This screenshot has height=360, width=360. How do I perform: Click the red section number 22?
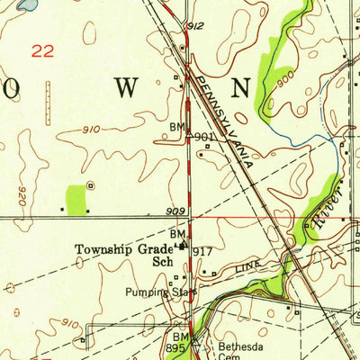coord(41,51)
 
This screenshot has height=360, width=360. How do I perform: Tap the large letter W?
coord(127,87)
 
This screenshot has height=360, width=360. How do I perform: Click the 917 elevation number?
coord(203,251)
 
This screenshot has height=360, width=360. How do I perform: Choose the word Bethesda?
coord(238,345)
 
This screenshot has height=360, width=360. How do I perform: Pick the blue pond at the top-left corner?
coord(25,4)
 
